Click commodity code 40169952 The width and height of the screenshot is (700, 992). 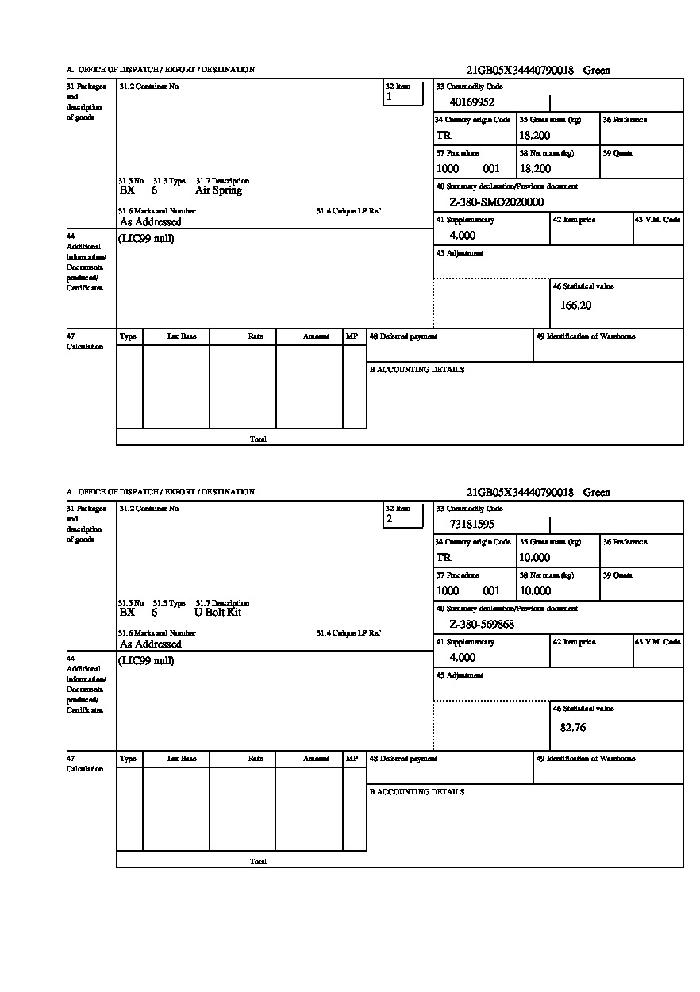coord(471,102)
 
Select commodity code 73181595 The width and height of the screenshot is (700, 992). coord(471,524)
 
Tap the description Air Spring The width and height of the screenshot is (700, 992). coord(218,190)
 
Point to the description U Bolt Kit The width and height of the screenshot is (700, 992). coord(217,613)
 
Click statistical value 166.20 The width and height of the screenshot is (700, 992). coord(575,305)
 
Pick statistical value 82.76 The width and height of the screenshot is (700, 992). coord(572,727)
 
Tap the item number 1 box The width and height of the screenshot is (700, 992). coord(403,94)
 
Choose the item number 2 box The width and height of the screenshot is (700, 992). coord(403,516)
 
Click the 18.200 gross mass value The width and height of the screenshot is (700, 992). coord(534,136)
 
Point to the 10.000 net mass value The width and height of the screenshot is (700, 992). coord(534,591)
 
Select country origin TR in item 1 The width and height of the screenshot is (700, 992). coord(443,136)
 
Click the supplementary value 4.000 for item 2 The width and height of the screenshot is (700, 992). coord(462,658)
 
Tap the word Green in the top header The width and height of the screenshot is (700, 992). coord(596,71)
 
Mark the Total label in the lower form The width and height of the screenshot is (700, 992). coord(258,861)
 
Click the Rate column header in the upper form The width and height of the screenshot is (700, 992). coord(255,336)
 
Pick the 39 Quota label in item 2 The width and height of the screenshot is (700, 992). coord(617,575)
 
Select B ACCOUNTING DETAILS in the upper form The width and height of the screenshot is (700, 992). coord(417,370)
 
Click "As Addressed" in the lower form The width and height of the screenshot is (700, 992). coord(150,644)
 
